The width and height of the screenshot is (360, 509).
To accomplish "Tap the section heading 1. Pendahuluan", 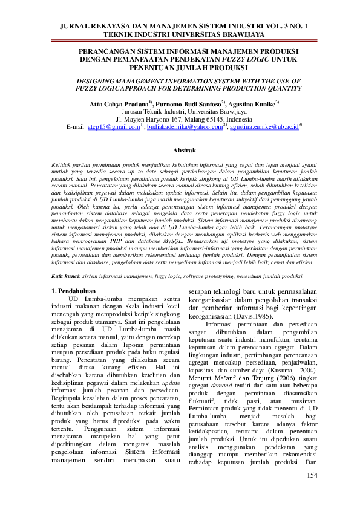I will [76, 291].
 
